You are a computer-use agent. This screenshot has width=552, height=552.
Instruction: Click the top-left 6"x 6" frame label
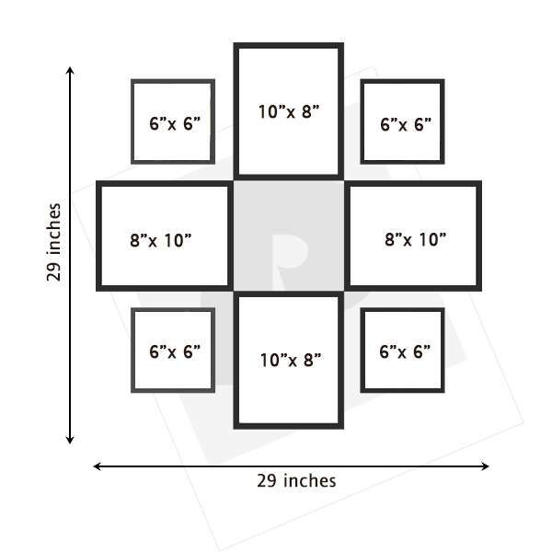click(175, 123)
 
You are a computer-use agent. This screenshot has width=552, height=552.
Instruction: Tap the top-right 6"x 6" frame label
click(406, 124)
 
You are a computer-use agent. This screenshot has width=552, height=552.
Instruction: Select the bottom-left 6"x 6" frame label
click(175, 351)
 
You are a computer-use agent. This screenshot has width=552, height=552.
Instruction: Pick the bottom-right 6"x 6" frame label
click(405, 351)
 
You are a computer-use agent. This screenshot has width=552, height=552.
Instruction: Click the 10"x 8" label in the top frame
click(289, 111)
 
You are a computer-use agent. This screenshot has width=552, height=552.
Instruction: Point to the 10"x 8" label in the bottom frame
click(291, 360)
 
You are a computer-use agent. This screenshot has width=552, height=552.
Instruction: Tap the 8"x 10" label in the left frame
click(160, 240)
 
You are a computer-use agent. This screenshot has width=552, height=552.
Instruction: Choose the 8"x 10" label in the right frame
click(416, 239)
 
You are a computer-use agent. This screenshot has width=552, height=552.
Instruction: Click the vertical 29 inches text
click(54, 242)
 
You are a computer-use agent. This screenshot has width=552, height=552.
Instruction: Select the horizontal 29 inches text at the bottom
click(296, 481)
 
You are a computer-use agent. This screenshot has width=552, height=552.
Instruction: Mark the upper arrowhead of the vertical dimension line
click(70, 70)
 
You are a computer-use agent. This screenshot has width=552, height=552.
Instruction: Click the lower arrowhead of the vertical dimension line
click(70, 440)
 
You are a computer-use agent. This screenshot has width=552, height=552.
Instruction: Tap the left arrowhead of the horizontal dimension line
click(98, 466)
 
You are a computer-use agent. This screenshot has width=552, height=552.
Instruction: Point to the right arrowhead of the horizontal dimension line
click(485, 466)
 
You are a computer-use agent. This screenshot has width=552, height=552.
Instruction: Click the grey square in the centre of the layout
click(289, 236)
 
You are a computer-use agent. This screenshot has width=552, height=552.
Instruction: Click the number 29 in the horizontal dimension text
click(268, 481)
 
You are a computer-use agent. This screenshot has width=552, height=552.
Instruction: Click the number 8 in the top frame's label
click(307, 112)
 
